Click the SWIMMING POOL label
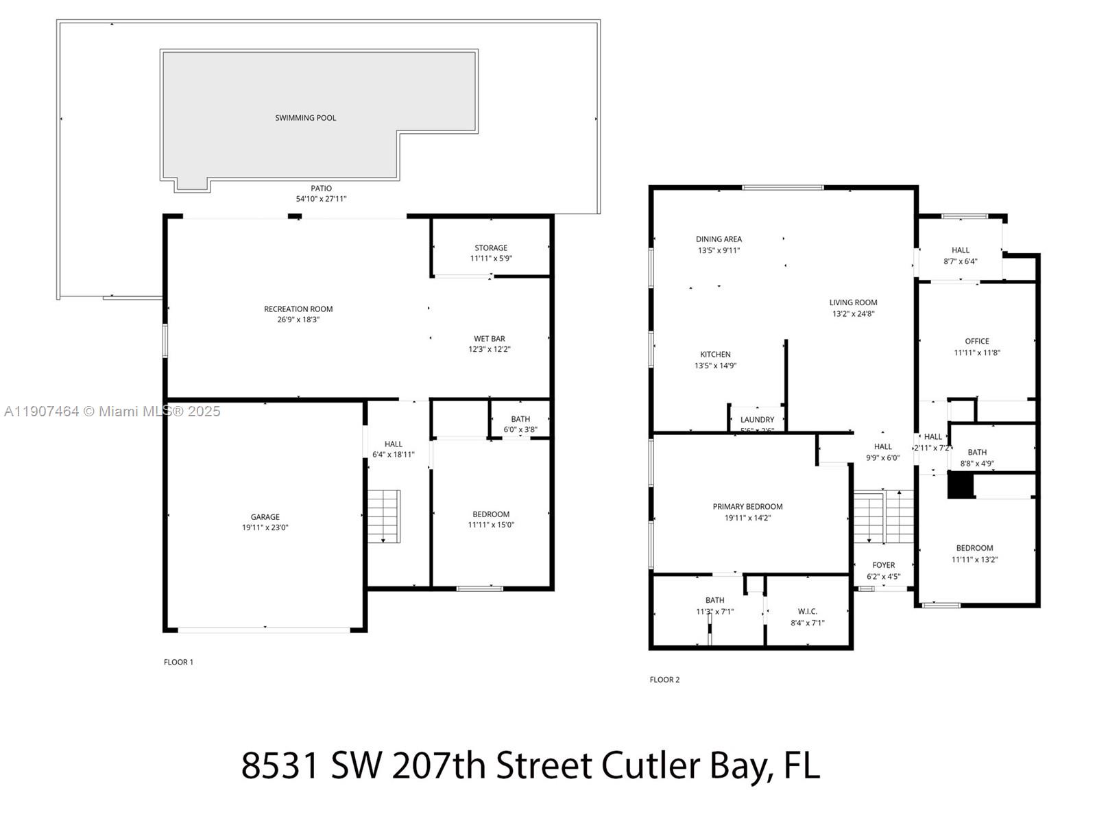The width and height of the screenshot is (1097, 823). (x=306, y=118)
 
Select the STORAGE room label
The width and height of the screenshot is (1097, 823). (x=491, y=248)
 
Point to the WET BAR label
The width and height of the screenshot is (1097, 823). (x=490, y=339)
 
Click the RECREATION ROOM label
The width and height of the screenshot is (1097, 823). (x=298, y=309)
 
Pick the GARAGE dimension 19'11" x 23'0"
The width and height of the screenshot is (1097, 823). (x=265, y=528)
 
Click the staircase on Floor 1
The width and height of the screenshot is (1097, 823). (x=384, y=516)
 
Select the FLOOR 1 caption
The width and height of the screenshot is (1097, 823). (x=178, y=663)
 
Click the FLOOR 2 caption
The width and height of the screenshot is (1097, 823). (x=664, y=680)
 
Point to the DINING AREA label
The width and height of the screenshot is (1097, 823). (x=719, y=239)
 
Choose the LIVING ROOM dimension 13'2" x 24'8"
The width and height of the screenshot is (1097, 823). (x=853, y=314)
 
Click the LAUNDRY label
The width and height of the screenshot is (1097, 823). (x=757, y=420)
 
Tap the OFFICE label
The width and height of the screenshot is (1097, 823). (x=977, y=341)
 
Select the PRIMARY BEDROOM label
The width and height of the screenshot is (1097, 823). (x=747, y=507)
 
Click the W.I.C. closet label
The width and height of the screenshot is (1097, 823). (x=808, y=611)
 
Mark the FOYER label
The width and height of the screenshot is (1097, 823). (x=884, y=565)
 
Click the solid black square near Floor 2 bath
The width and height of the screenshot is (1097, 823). (x=961, y=486)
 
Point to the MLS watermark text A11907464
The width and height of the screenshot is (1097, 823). (x=41, y=411)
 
